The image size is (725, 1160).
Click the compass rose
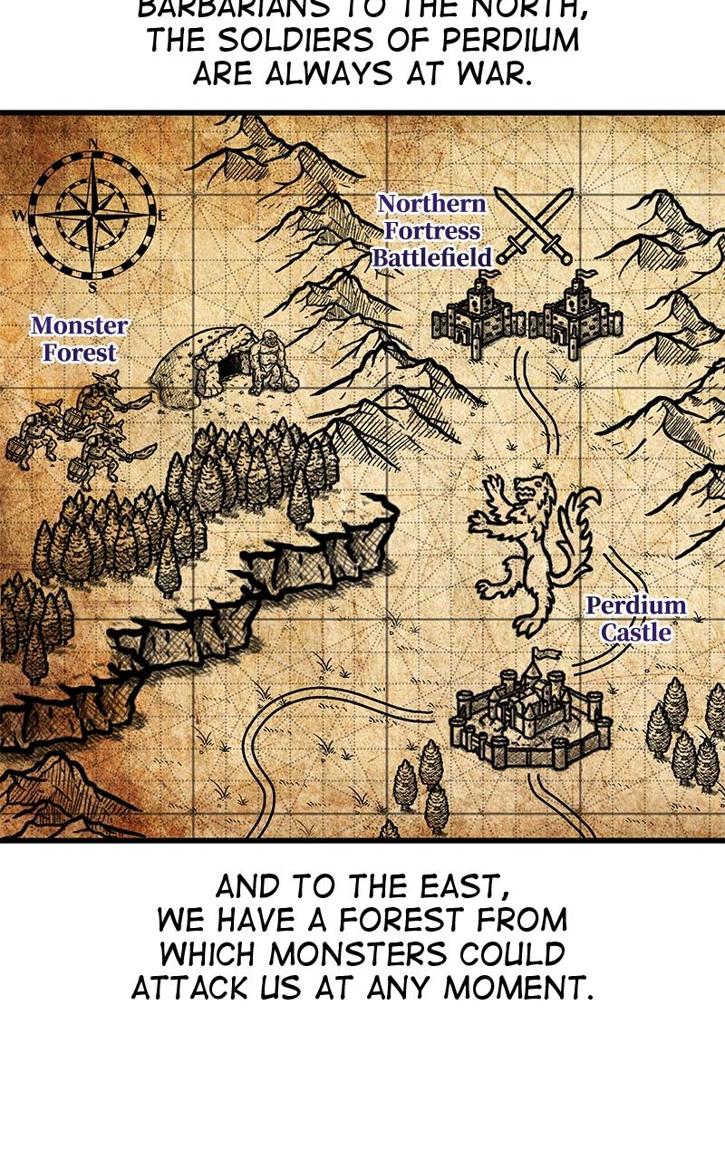pos(92,216)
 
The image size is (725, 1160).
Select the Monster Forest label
pos(79,339)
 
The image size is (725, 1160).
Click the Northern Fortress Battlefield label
pos(431,231)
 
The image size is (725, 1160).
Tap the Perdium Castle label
pos(635,619)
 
